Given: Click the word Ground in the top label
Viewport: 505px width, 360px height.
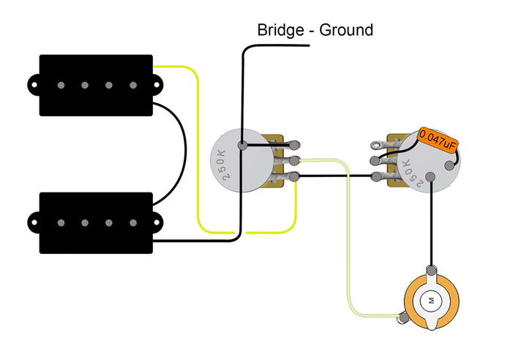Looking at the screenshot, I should [x=345, y=30].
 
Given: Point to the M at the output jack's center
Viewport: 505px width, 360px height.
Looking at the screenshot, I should [x=430, y=301].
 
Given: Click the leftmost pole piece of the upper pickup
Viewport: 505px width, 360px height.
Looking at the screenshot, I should [x=61, y=86].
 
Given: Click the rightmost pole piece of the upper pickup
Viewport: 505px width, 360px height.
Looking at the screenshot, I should [x=133, y=86].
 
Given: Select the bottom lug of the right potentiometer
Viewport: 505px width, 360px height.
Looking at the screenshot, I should [x=376, y=176].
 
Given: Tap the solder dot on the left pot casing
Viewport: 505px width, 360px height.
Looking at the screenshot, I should [x=241, y=145].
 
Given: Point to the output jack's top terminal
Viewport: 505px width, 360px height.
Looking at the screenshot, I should [x=432, y=271].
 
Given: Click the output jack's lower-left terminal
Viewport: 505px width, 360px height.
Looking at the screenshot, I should [x=402, y=317].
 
